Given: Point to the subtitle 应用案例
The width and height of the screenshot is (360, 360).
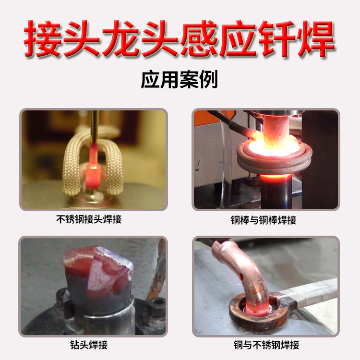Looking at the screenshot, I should (x=180, y=80).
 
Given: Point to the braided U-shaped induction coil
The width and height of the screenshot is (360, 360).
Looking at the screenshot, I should (x=72, y=158).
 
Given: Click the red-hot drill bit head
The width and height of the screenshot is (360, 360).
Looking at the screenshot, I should (x=98, y=276).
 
